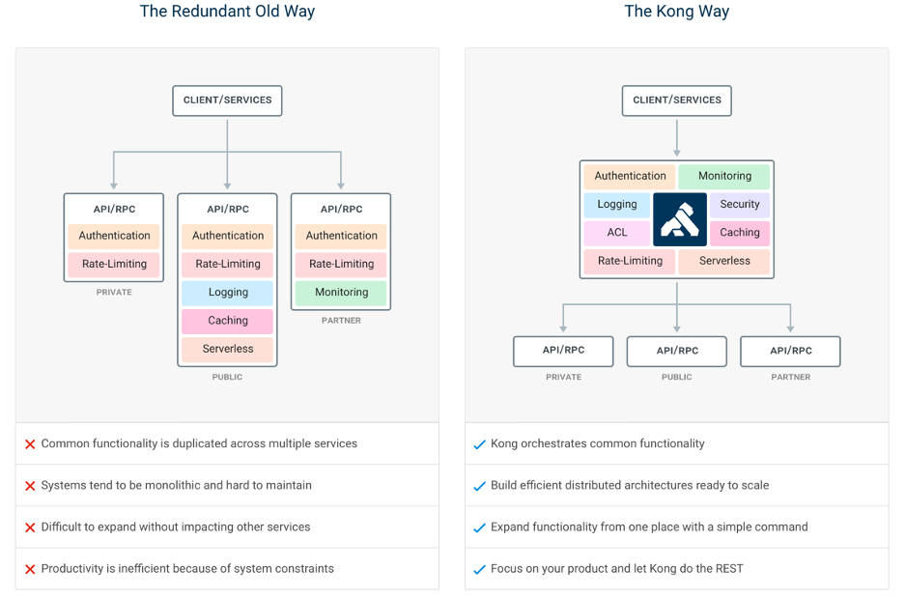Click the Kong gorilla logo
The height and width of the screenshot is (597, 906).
coord(680,219)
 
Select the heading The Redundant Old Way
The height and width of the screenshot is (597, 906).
coord(227,12)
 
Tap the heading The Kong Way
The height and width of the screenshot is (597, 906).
coord(676,12)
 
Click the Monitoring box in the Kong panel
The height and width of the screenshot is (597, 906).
coord(724,176)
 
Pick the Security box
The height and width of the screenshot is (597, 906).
coord(740,204)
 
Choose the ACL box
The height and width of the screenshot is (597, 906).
coord(617,233)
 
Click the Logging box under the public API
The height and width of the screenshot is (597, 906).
coord(228,293)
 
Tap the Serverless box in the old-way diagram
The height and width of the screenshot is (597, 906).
coord(228,349)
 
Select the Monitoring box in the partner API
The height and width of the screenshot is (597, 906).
coord(341,293)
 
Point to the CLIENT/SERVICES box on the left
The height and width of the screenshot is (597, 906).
coord(227,100)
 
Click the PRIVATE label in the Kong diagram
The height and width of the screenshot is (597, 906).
coord(563,378)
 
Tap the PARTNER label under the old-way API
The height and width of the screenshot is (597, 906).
coord(341,321)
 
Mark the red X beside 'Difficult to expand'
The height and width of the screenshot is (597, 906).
coord(30,527)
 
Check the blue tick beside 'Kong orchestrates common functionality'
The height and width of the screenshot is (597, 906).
coord(479,444)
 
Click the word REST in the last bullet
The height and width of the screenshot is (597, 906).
coord(730,569)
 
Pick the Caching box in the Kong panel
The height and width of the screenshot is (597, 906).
coord(740,233)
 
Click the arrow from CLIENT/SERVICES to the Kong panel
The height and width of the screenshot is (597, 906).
coord(676,137)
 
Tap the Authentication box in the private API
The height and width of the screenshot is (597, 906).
coord(114,236)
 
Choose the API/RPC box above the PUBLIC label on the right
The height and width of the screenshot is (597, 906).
coord(676,351)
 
